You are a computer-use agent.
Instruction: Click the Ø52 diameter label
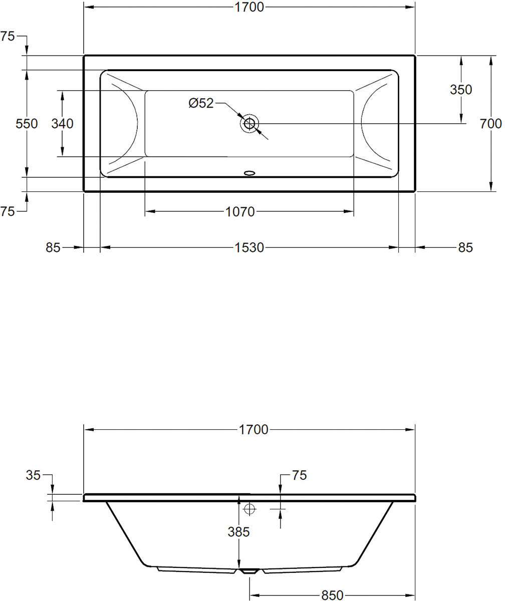(x=201, y=103)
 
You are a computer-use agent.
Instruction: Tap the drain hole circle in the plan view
(x=249, y=123)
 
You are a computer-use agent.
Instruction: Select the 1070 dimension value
(x=241, y=212)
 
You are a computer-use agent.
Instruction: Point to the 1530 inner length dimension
(x=249, y=247)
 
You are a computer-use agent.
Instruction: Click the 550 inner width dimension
(x=27, y=123)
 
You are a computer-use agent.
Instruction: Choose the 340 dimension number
(x=63, y=123)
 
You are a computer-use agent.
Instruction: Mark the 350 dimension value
(x=461, y=90)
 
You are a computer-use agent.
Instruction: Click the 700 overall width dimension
(x=490, y=123)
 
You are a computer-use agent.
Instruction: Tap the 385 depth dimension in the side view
(x=238, y=532)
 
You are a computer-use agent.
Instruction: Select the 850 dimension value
(x=332, y=595)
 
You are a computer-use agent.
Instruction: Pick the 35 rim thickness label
(x=33, y=475)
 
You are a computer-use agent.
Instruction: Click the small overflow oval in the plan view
(x=249, y=174)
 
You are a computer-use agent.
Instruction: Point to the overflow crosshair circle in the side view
(x=249, y=509)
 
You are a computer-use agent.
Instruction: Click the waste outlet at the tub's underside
(x=249, y=571)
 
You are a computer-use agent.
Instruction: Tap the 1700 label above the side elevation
(x=254, y=429)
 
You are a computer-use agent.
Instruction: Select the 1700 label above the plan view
(x=249, y=7)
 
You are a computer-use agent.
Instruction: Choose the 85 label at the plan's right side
(x=465, y=247)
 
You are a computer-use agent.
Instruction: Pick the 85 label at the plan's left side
(x=53, y=247)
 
